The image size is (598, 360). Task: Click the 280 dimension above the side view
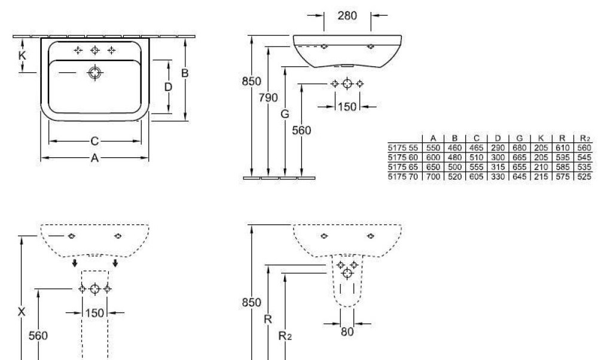(x=347, y=16)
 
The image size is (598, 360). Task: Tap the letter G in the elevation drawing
(x=285, y=114)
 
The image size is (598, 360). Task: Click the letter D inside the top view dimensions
(x=168, y=87)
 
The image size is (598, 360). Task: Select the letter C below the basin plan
(x=94, y=141)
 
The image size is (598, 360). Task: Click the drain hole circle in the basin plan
(x=94, y=73)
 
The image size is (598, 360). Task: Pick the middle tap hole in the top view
(x=94, y=51)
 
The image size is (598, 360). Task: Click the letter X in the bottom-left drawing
(x=22, y=311)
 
